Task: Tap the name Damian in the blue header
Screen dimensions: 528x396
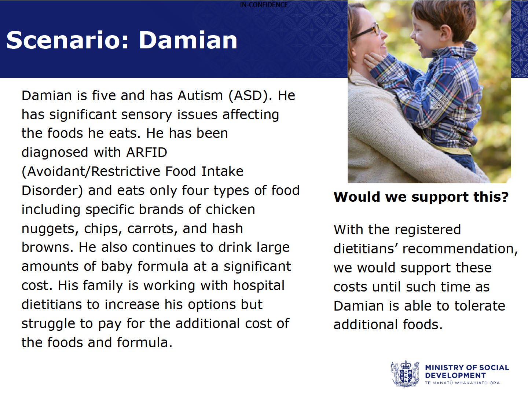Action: pos(188,40)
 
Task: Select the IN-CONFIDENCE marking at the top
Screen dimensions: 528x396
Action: pos(264,4)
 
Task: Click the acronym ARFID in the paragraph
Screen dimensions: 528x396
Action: pos(147,153)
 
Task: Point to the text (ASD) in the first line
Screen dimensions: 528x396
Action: pos(250,96)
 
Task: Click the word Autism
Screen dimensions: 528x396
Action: pos(200,95)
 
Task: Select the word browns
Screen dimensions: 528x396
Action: pos(47,247)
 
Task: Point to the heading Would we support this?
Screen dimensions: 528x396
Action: pos(421,197)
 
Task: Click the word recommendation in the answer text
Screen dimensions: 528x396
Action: pos(460,249)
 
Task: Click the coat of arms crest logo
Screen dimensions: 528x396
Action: pos(405,373)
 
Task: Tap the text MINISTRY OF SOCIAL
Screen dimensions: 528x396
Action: pos(467,368)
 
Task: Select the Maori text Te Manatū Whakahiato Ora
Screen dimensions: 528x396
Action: pos(462,383)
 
